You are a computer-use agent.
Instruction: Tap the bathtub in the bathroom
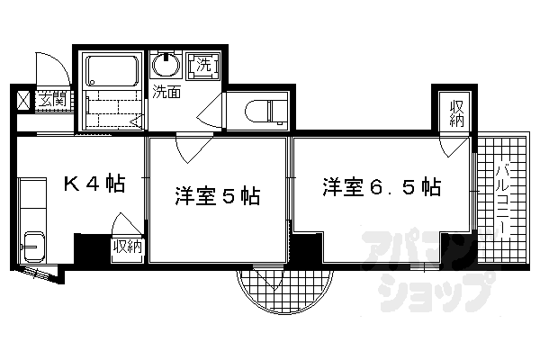tap(112, 71)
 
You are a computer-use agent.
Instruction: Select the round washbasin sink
tap(166, 65)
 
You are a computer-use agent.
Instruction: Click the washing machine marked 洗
tap(203, 66)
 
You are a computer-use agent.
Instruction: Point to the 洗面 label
tap(166, 92)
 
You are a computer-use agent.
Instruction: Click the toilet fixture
tap(266, 111)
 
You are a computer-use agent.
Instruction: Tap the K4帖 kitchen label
tap(94, 184)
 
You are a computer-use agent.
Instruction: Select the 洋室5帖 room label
tap(218, 196)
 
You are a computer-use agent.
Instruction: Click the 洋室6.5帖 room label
tap(382, 187)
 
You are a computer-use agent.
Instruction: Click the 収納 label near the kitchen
tap(128, 247)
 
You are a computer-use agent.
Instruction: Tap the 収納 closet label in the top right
tap(456, 113)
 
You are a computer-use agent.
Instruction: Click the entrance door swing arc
tap(53, 68)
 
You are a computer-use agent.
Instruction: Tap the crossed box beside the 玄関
tap(24, 101)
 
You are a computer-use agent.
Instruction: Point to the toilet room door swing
tap(210, 111)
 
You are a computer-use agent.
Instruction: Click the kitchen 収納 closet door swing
tap(127, 225)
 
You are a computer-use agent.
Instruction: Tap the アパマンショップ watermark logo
tap(427, 269)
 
